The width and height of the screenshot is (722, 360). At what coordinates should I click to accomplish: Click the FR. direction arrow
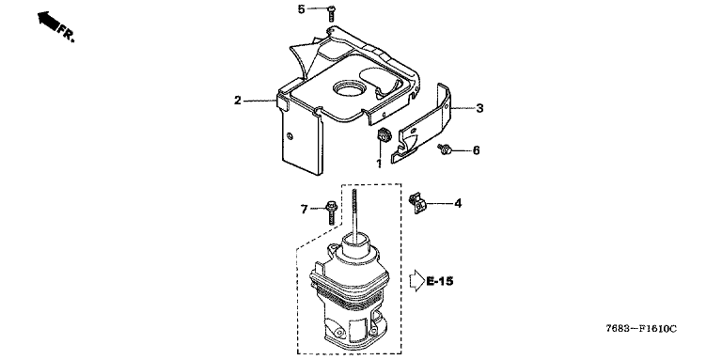48,20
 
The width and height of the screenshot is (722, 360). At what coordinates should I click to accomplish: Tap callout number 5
301,9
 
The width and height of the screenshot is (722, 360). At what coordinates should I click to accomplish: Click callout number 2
237,101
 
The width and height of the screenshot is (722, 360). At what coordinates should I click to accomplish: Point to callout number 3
479,109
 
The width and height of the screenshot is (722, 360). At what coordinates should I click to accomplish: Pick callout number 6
476,150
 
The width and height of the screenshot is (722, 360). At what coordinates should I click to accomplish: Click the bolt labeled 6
445,149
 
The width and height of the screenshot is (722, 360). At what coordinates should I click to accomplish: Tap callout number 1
379,164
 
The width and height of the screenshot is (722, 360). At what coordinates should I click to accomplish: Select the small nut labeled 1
383,136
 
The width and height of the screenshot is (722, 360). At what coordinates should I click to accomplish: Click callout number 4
458,203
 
